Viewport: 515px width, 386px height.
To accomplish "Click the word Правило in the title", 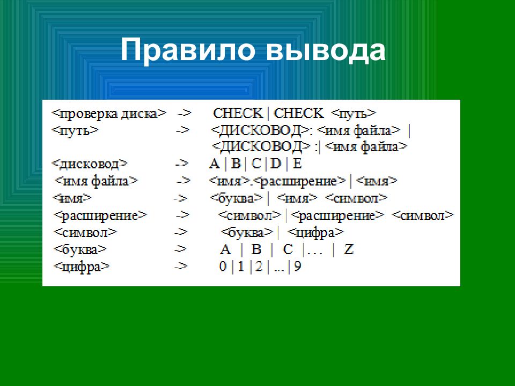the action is click(x=188, y=50).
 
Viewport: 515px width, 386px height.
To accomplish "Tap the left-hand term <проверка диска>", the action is click(x=109, y=114).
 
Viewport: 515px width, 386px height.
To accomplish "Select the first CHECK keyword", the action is click(x=238, y=113).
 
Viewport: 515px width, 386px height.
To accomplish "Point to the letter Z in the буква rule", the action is click(x=349, y=249).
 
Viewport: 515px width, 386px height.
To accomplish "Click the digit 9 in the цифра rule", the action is click(x=297, y=266).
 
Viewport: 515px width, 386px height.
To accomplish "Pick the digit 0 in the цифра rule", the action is click(x=223, y=266).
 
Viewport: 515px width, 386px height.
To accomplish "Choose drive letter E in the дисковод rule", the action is click(x=297, y=163).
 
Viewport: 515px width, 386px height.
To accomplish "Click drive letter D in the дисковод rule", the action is click(x=275, y=163).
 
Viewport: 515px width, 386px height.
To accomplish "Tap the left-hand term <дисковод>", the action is click(x=90, y=164).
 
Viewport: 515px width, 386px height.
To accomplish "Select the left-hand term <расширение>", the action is click(x=100, y=216).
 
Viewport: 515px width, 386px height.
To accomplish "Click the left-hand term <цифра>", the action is click(x=81, y=266).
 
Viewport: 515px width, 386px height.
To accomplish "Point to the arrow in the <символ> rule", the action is click(x=180, y=232).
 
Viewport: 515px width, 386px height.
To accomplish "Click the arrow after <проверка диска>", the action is click(x=184, y=114).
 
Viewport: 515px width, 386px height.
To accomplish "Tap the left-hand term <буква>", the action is click(x=80, y=249).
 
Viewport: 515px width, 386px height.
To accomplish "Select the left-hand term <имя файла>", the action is click(x=96, y=181).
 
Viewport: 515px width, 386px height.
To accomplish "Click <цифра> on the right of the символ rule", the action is click(x=315, y=232).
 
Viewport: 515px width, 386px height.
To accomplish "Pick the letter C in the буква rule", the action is click(x=288, y=249).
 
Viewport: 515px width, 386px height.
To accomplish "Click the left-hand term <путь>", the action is click(x=75, y=130).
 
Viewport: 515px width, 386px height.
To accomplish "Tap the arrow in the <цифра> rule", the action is click(x=180, y=266).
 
